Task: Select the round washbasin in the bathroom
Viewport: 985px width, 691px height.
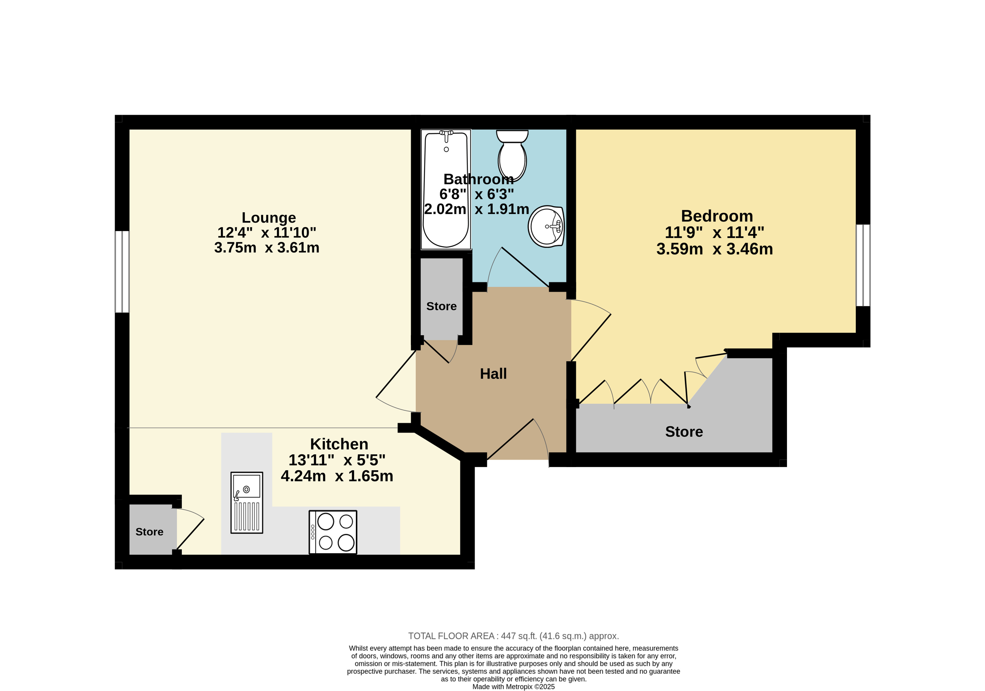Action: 546,226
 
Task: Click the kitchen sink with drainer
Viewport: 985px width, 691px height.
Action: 247,503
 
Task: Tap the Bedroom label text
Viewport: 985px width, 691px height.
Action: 717,216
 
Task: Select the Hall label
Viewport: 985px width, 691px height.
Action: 493,374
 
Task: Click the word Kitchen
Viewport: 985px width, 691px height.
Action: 339,444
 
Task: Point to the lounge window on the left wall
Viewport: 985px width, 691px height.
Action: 122,272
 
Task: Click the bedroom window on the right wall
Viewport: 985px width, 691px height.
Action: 863,265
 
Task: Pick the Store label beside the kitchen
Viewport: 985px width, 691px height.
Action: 149,532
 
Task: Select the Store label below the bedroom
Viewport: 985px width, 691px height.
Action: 684,432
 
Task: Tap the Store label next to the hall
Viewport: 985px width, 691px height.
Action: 442,306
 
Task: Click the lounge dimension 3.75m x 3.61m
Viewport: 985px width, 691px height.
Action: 267,248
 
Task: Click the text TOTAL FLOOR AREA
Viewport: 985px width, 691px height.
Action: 452,636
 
